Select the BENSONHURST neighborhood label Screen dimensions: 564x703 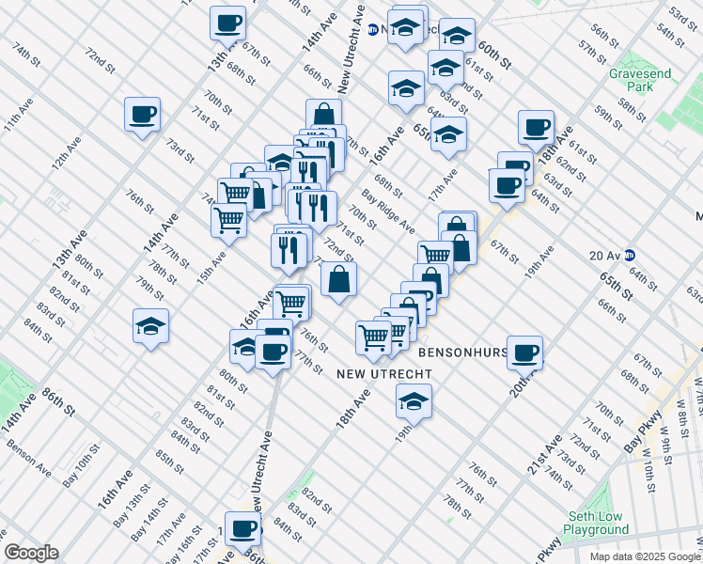coord(462,353)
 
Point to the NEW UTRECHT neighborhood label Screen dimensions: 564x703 coord(384,374)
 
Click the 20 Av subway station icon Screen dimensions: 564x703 coord(632,255)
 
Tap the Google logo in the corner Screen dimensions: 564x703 coord(30,553)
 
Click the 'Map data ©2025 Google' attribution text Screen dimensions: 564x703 coord(645,556)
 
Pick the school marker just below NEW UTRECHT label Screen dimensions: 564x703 coord(413,399)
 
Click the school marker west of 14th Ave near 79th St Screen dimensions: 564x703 coord(150,326)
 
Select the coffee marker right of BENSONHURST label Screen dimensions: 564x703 coord(524,352)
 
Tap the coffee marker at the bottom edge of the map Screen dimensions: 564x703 coord(242,528)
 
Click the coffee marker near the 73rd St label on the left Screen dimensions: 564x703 coord(142,115)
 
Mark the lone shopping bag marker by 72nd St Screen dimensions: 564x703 coord(338,279)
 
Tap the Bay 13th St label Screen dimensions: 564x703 coord(132,505)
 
